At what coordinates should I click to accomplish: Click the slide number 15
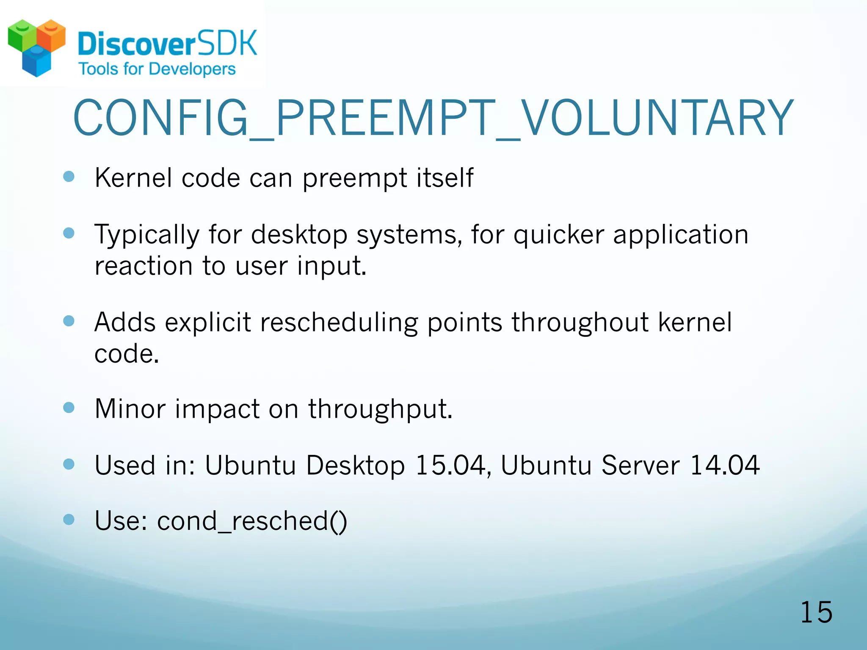(x=816, y=612)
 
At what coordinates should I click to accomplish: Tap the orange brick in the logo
(x=51, y=36)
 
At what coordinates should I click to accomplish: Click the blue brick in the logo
(x=36, y=63)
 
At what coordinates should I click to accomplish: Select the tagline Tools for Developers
(x=157, y=69)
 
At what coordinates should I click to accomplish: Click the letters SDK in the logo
(x=227, y=43)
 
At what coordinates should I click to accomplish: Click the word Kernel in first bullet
(x=133, y=178)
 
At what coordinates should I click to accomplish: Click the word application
(x=681, y=235)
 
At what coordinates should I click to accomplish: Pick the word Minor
(x=130, y=409)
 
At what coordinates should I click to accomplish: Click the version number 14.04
(x=725, y=465)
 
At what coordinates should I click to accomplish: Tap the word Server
(x=641, y=465)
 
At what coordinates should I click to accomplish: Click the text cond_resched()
(x=252, y=521)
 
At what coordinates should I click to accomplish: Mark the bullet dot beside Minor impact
(x=69, y=408)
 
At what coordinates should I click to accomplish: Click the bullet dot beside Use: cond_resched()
(x=69, y=519)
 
